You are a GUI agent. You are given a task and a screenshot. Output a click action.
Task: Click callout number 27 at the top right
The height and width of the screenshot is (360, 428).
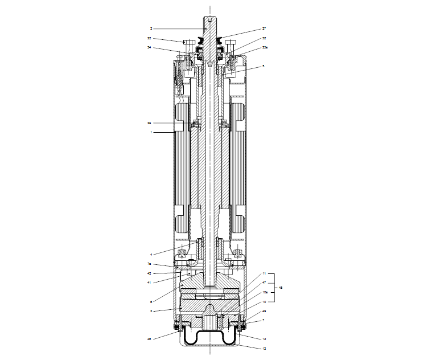click(x=264, y=28)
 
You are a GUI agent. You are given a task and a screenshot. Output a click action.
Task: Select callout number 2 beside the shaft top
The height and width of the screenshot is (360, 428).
click(x=151, y=28)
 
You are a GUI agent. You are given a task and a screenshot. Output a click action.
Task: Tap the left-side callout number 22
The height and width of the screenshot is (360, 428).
click(x=149, y=39)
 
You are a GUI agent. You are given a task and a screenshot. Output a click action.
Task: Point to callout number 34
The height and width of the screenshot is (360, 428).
click(x=149, y=48)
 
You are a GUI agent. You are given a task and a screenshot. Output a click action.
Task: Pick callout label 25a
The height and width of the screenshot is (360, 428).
click(x=265, y=48)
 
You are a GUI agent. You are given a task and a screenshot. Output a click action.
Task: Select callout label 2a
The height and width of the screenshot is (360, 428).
click(x=150, y=122)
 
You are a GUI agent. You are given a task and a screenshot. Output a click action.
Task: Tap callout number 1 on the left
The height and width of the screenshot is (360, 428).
click(x=151, y=132)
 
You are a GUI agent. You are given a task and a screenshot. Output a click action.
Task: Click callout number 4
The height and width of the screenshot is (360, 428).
click(x=151, y=254)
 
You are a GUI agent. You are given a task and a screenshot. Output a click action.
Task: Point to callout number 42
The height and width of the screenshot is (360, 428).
click(x=149, y=273)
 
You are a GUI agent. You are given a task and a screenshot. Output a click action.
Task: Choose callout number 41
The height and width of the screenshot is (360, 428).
click(x=149, y=282)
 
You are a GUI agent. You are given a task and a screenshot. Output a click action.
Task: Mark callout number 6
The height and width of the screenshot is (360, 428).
click(x=151, y=301)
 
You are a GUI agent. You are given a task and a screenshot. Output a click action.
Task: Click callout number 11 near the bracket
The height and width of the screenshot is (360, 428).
click(x=264, y=274)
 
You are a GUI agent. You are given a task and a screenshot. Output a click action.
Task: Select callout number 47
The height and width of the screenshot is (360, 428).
click(x=264, y=283)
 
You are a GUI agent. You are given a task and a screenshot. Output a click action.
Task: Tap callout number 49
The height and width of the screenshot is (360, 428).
click(x=264, y=312)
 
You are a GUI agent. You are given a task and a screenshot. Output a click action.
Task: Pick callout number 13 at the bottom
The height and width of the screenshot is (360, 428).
click(x=264, y=347)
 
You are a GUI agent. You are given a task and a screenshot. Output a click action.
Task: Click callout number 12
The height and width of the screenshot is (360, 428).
click(x=264, y=339)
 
